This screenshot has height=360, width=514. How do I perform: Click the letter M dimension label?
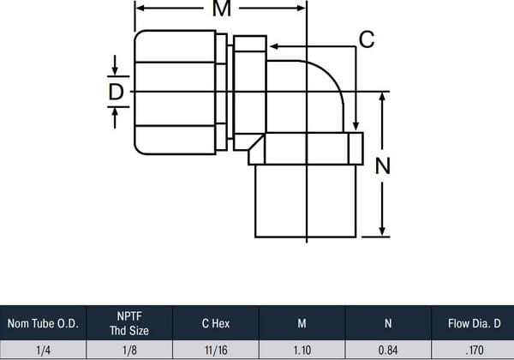click(x=222, y=9)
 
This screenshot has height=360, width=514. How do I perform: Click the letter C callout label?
click(x=367, y=39)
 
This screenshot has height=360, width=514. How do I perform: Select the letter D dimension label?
click(x=116, y=92)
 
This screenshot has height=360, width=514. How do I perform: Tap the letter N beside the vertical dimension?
click(x=383, y=166)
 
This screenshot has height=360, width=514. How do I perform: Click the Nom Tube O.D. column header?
click(x=43, y=324)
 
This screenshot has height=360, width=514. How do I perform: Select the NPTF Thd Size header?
click(x=129, y=323)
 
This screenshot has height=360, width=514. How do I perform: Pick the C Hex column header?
click(x=216, y=324)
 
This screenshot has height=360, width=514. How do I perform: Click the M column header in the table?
click(x=302, y=324)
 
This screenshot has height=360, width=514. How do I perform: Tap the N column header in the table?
click(x=388, y=324)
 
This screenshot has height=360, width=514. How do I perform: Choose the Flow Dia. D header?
click(x=475, y=324)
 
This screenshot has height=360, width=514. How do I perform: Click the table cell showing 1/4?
click(x=43, y=351)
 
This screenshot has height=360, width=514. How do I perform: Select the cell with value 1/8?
click(x=129, y=351)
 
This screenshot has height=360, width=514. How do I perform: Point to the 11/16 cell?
click(x=216, y=351)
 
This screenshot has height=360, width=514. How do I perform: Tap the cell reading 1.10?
click(x=302, y=351)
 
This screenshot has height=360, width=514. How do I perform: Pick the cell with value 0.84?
click(x=388, y=351)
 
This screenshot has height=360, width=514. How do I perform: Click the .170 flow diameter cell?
click(x=475, y=351)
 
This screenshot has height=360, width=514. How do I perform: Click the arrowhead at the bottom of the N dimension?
click(x=382, y=231)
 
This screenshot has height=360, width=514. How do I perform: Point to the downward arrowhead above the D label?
click(x=115, y=71)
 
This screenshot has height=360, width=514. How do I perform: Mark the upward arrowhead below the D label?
click(x=115, y=112)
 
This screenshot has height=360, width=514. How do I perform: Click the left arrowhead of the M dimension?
click(x=140, y=9)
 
